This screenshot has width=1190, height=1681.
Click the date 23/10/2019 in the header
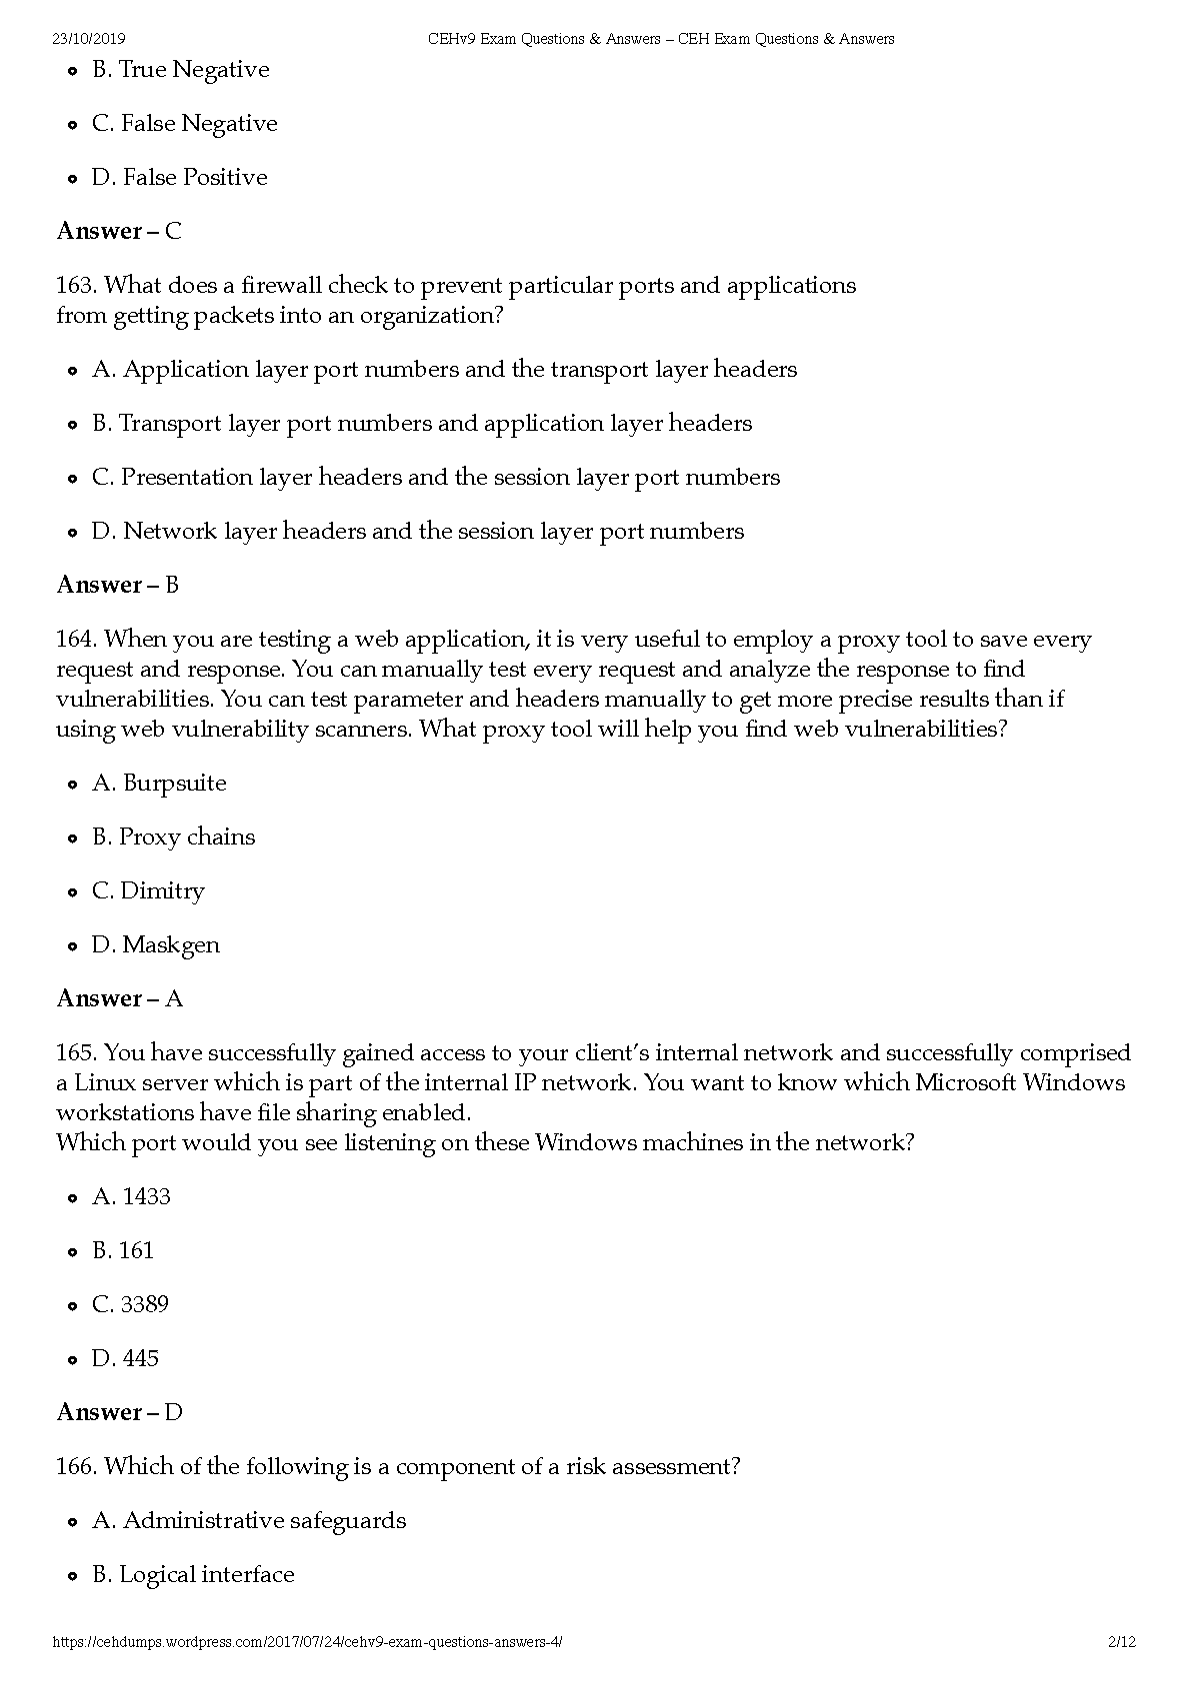(88, 39)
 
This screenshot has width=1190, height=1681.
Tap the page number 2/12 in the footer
(1122, 1642)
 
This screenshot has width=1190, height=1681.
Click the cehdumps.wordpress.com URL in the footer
(306, 1642)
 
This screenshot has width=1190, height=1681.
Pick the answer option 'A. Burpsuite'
(159, 784)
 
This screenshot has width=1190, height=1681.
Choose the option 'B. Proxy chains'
(173, 838)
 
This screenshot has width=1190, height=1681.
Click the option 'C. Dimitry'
(148, 891)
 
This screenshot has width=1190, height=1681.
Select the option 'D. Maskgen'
(155, 945)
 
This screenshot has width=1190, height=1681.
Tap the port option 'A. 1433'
(131, 1197)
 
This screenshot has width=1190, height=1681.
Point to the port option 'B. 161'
(123, 1251)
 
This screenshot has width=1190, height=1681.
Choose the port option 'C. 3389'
(130, 1305)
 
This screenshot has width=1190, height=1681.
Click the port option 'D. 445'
(125, 1359)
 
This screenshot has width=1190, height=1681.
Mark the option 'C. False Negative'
(184, 124)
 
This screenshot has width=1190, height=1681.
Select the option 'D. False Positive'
(179, 178)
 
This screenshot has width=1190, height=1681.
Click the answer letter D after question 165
(174, 1413)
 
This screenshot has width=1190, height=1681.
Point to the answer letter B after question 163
(172, 586)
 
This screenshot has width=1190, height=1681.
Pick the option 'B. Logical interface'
(193, 1575)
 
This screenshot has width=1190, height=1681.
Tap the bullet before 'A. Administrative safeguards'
(72, 1523)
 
